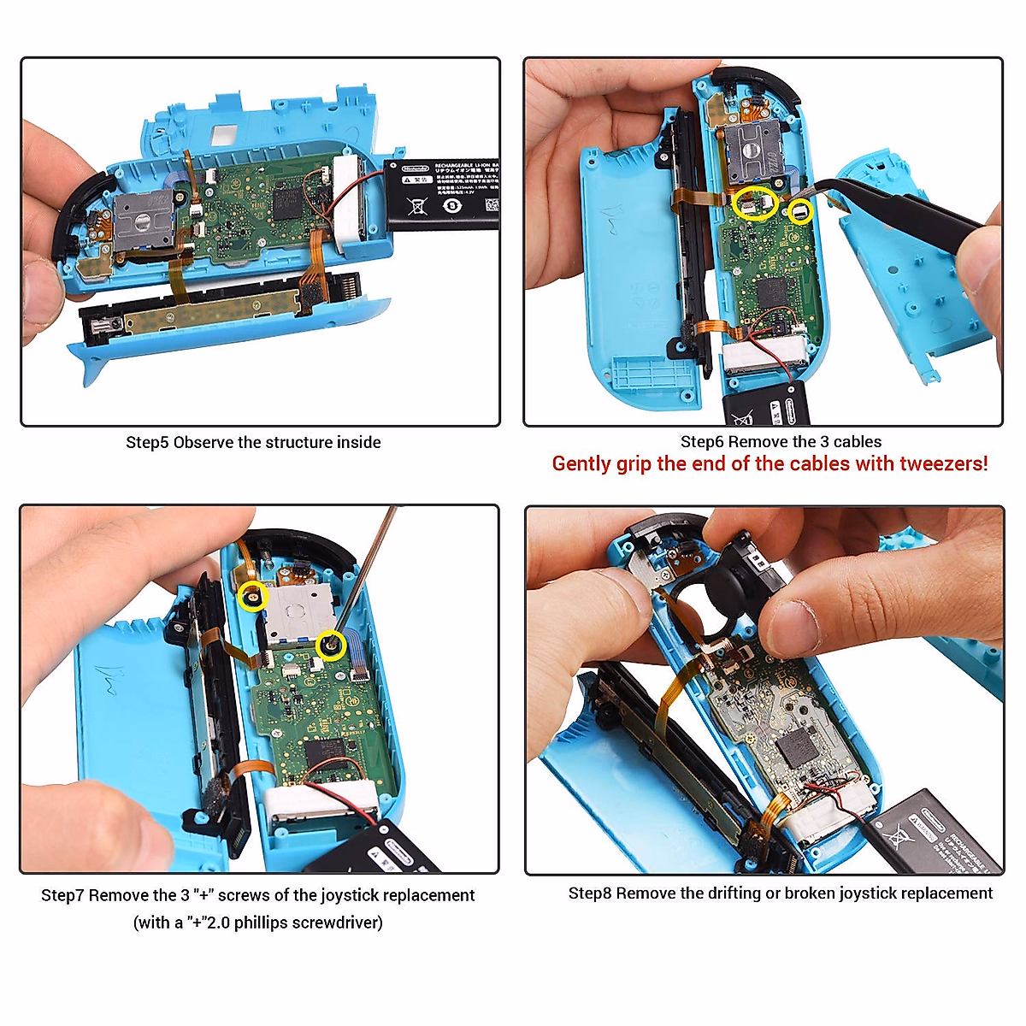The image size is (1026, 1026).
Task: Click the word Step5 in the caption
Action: (147, 443)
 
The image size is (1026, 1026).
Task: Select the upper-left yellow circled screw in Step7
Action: (253, 596)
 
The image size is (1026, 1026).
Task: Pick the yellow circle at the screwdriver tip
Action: (330, 646)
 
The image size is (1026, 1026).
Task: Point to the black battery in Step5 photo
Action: (441, 194)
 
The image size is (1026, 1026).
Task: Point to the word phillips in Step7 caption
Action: (265, 923)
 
